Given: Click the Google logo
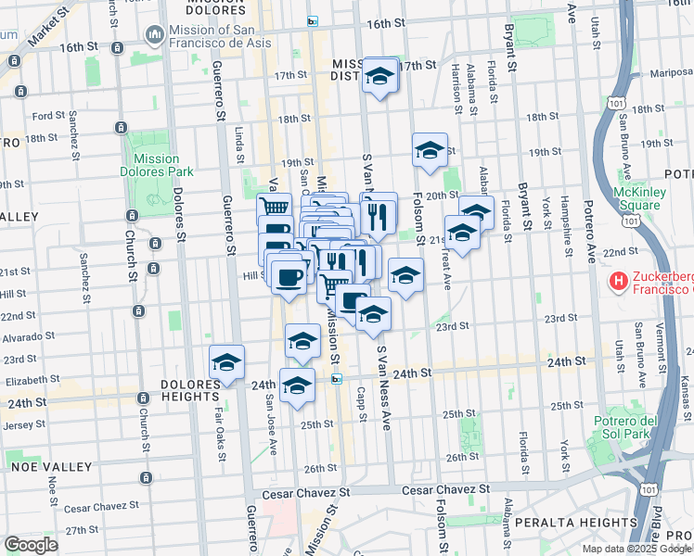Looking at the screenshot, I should (31, 545).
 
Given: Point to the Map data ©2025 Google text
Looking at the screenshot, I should (637, 549).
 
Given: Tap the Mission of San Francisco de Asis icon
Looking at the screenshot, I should (153, 34).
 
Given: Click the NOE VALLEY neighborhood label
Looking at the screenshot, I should (45, 465).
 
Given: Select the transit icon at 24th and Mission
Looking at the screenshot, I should (337, 377).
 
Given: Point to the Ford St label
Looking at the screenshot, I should (47, 116).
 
